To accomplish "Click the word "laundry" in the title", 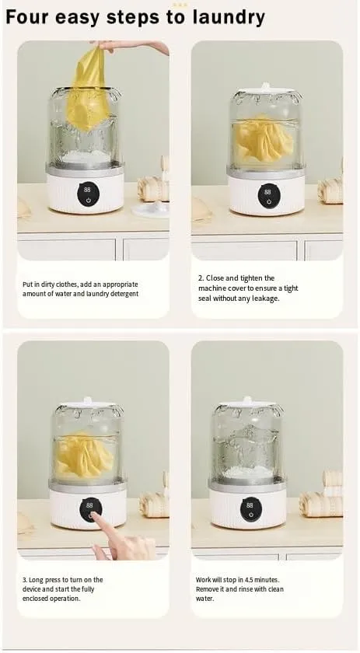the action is [229, 17].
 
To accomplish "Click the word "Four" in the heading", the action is [27, 16].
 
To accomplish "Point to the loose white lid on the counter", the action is [152, 208].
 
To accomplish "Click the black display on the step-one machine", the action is [87, 195].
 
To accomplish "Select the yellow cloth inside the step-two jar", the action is [264, 139].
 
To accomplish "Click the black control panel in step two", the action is [267, 196].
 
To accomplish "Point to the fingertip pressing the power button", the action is [94, 516].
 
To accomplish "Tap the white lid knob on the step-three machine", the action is [86, 400].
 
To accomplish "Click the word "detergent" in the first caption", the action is [124, 294].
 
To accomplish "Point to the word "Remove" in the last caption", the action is [207, 589].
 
